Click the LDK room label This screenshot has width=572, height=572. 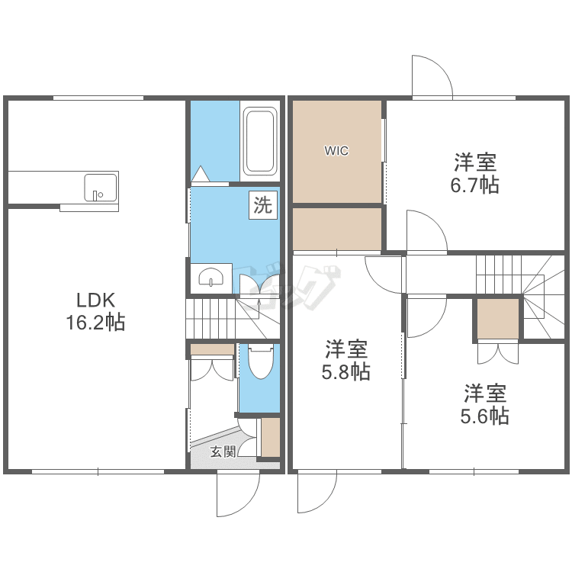pos(95,298)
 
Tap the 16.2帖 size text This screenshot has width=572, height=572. pos(95,322)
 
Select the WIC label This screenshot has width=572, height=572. pos(336,151)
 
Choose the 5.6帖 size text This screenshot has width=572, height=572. pos(485,416)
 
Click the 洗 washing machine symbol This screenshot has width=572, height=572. pos(262,205)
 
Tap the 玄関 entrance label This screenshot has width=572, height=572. pos(223,451)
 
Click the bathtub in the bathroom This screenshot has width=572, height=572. pos(259,141)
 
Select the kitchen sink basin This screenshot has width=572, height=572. pos(100,187)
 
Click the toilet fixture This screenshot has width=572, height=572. pos(261,363)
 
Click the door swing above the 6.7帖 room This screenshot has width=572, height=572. pos(431,77)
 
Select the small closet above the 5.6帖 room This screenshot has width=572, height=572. pos(497,319)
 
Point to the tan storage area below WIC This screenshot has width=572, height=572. pos(336,229)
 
